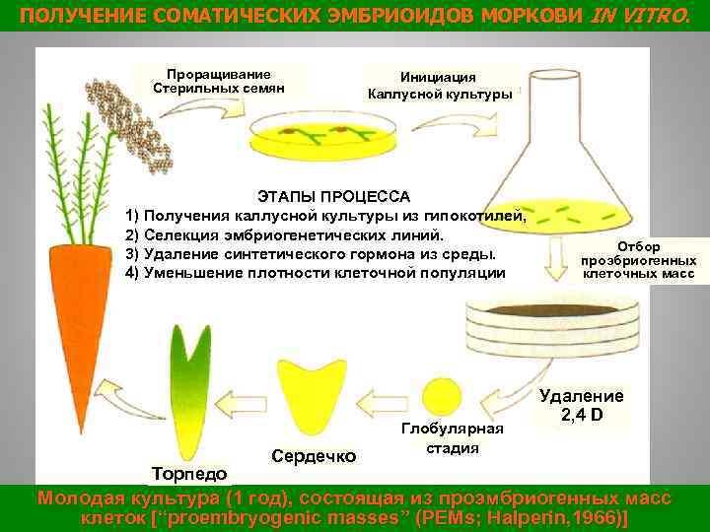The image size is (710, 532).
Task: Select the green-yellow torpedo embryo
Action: (x=187, y=394)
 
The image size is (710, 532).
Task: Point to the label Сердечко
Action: (x=314, y=456)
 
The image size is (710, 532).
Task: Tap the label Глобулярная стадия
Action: (x=452, y=437)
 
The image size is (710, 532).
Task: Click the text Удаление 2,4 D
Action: (x=581, y=405)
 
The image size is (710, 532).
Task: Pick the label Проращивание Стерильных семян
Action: (x=219, y=81)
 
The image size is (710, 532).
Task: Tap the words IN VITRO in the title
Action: (x=640, y=16)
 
